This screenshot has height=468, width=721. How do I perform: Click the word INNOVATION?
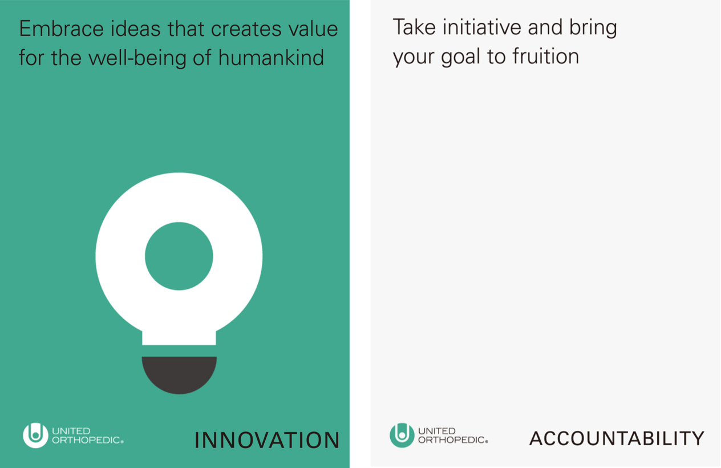click(267, 440)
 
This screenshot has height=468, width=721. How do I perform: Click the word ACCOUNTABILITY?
click(617, 438)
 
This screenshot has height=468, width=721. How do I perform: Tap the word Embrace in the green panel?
click(62, 29)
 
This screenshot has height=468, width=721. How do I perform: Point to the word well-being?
click(137, 58)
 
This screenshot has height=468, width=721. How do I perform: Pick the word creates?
click(246, 30)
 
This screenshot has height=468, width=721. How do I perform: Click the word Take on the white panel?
click(414, 27)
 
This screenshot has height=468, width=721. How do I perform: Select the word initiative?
click(482, 27)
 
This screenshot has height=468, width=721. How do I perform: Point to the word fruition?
click(546, 56)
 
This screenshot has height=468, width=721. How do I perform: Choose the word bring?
click(593, 28)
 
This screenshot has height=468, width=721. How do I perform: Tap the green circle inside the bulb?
click(179, 256)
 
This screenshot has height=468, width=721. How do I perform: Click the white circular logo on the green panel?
click(35, 435)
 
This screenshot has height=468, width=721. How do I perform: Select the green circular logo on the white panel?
click(402, 435)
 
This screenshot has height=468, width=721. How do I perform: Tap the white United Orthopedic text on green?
click(87, 435)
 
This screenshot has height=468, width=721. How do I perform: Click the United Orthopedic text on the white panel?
click(453, 435)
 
